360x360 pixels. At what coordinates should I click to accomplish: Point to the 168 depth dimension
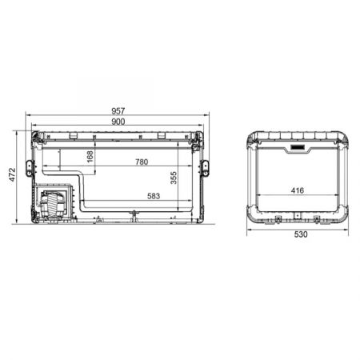[90, 154]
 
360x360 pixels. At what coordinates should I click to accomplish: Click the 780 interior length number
[141, 162]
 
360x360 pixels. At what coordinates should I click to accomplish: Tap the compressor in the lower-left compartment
[53, 205]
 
